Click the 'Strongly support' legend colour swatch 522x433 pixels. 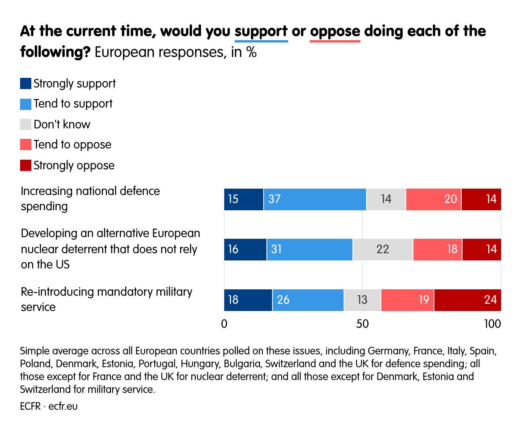pos(26,83)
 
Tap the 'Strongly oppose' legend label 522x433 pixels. pos(74,165)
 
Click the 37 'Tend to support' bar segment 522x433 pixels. pos(315,199)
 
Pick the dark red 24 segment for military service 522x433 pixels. pos(467,300)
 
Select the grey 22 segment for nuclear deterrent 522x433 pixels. pos(383,249)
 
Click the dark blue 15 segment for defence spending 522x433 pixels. pos(244,199)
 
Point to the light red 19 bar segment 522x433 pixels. pos(407,300)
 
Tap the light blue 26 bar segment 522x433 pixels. pos(308,300)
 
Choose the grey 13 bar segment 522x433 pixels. pos(362,300)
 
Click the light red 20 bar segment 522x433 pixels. pos(433,199)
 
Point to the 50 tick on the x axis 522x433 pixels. pos(362,324)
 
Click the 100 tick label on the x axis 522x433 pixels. pos(492,324)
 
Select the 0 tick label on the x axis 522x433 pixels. pos(224,324)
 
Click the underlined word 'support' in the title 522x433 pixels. pos(261,31)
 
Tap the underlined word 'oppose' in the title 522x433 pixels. pos(335,31)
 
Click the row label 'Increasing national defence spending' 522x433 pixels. pos(90,199)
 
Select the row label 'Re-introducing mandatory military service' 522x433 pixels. pos(106,299)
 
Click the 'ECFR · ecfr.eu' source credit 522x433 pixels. pos(49,406)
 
